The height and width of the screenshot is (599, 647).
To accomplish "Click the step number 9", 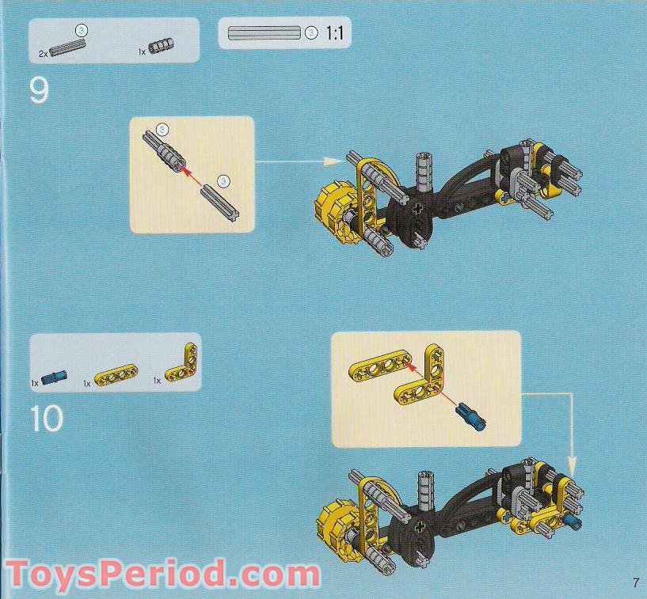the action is (39, 91).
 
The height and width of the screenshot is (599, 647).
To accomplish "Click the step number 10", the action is (47, 418).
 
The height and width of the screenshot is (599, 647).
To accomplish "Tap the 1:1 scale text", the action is (334, 32).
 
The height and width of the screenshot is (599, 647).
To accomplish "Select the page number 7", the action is (636, 583).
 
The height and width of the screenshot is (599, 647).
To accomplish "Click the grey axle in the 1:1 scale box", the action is (265, 32).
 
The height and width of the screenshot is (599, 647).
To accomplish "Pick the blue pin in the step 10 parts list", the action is (54, 377).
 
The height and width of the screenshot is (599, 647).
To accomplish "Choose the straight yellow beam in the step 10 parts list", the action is (116, 375).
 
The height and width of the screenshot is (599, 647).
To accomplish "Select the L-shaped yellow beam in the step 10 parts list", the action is (182, 364).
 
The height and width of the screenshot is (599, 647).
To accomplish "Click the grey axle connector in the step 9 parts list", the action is (161, 45).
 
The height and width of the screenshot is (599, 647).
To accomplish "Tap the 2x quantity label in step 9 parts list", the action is (43, 54).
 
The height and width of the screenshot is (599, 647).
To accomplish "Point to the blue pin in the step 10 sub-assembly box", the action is (471, 418).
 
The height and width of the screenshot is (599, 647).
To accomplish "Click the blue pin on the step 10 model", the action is (574, 522).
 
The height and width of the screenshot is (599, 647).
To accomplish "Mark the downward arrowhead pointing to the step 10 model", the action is (572, 466).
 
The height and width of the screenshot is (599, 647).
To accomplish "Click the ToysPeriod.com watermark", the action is (163, 574).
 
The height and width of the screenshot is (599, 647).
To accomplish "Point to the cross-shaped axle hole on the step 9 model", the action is (418, 208).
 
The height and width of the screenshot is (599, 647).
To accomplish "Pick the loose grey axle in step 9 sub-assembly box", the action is (221, 203).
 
